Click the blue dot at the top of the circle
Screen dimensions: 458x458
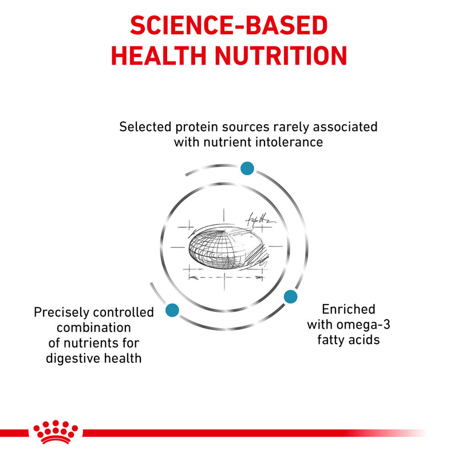click(247, 168)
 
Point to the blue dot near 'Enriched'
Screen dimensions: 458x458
click(291, 297)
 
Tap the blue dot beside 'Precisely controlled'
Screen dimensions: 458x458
click(171, 310)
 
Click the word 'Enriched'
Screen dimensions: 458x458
click(348, 310)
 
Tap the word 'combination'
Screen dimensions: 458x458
click(94, 328)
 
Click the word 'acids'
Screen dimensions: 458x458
click(364, 341)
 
